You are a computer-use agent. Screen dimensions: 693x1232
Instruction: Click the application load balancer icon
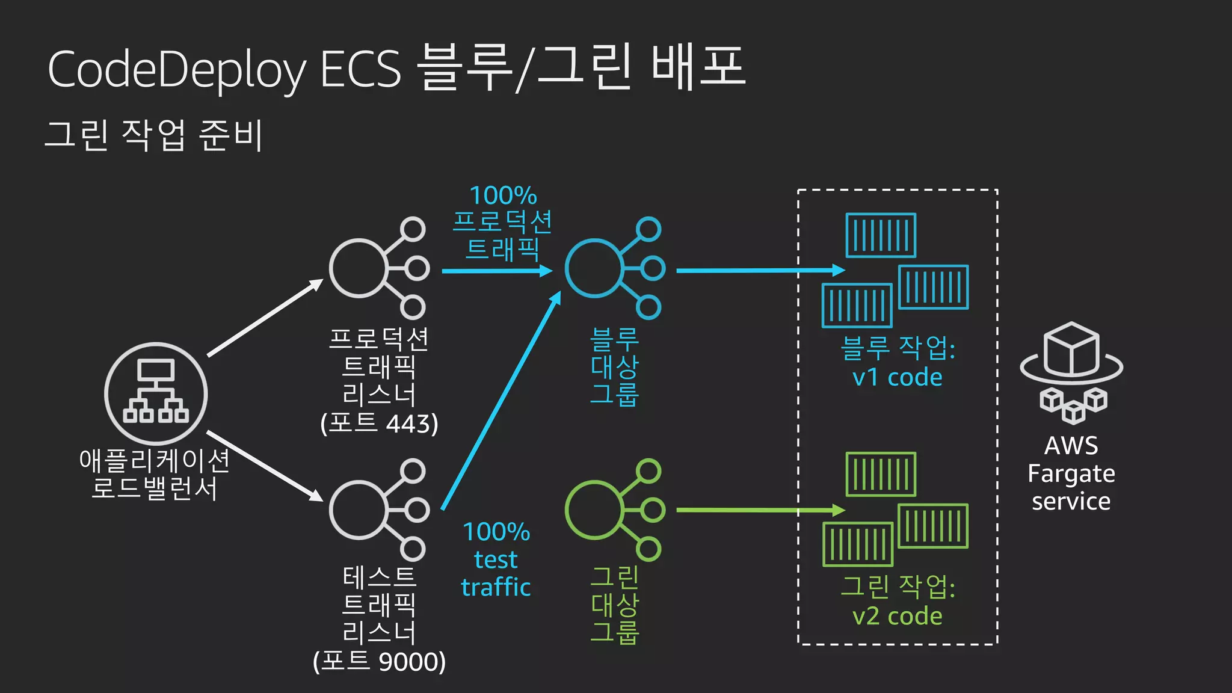point(156,394)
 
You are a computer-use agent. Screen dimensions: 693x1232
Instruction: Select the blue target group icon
point(614,268)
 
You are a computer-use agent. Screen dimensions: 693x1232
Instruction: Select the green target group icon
point(614,510)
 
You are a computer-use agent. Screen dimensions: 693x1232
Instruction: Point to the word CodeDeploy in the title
point(177,70)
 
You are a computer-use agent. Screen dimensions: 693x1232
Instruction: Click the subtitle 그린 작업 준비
point(154,135)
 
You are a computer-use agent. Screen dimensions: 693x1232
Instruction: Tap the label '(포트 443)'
point(379,423)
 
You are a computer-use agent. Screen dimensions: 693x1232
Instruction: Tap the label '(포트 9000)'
point(379,662)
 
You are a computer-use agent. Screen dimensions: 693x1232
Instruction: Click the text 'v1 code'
point(897,377)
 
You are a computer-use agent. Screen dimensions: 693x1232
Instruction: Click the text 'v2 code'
point(897,616)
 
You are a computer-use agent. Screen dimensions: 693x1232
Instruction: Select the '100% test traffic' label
point(496,559)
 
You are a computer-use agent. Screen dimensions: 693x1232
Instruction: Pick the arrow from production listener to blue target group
point(496,271)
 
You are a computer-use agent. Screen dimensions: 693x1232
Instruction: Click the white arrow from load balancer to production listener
point(265,318)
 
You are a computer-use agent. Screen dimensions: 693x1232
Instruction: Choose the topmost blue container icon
point(881,235)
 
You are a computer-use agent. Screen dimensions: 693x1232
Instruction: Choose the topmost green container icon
point(881,474)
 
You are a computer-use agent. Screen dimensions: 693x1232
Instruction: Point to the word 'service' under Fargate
point(1071,501)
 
